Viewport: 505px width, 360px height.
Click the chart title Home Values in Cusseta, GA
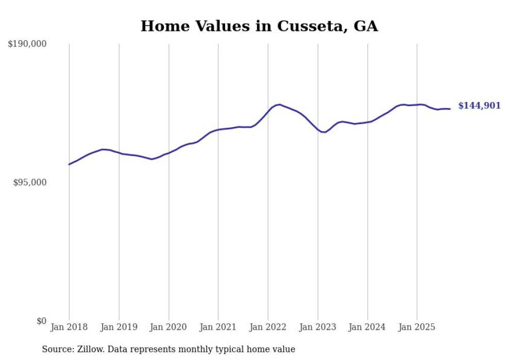[259, 26]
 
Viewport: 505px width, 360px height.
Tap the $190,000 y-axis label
[27, 44]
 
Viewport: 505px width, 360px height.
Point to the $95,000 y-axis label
[29, 183]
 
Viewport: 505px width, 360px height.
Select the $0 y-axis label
[41, 321]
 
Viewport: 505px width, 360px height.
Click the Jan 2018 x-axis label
[70, 327]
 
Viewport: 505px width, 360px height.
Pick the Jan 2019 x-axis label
[119, 327]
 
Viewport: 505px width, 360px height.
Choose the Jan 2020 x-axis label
[169, 327]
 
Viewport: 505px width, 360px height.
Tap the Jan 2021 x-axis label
[218, 327]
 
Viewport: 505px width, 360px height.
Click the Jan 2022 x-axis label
[268, 327]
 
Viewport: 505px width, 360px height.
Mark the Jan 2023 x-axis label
[318, 327]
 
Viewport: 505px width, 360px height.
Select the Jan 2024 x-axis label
[367, 327]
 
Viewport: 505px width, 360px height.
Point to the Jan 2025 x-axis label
[417, 327]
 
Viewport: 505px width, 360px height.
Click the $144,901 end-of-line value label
[479, 106]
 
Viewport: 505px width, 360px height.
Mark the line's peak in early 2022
[279, 105]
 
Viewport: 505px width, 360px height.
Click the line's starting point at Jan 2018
[70, 164]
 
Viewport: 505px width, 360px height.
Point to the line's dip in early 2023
[324, 132]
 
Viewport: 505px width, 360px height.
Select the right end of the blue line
[450, 109]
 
